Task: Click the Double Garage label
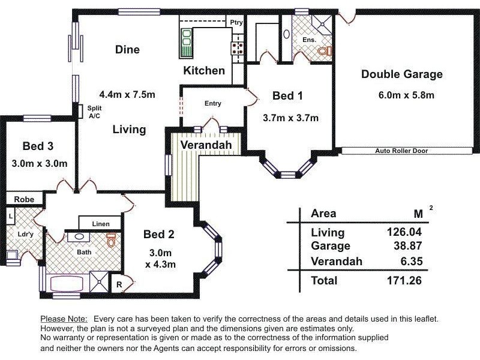coord(401,74)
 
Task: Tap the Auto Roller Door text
coord(401,151)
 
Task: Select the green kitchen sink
coord(186,43)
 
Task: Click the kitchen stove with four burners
coord(237,48)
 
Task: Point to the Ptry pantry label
coord(236,22)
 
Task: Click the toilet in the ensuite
coord(325,51)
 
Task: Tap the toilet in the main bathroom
coord(111,240)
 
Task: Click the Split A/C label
coord(94,112)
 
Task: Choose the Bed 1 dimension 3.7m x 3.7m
coord(290,118)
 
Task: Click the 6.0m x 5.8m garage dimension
coord(406,95)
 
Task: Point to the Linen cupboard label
coord(101,224)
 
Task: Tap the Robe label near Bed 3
coord(24,200)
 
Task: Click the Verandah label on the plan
coord(206,145)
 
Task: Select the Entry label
coord(213,103)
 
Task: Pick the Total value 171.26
coord(404,280)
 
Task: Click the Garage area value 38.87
coord(408,245)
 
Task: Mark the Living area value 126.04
coord(404,232)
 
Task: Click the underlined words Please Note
coord(64,319)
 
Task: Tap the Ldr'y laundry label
coord(25,235)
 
